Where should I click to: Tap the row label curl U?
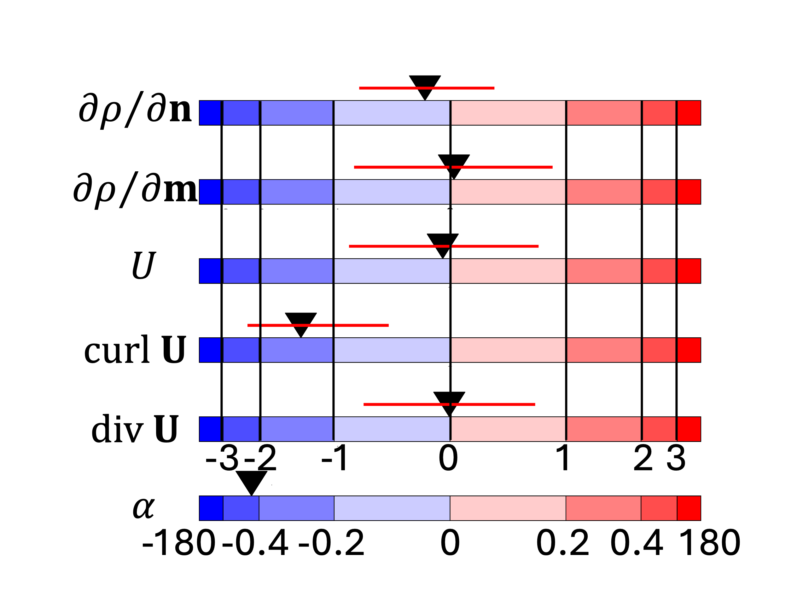point(135,350)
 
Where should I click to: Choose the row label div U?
point(135,429)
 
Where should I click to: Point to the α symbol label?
point(143,508)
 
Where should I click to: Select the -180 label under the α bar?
point(178,543)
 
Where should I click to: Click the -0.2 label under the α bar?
point(331,543)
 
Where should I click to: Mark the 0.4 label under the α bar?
point(637,543)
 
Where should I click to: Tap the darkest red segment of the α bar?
point(689,508)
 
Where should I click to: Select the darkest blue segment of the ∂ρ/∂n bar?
point(210,113)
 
